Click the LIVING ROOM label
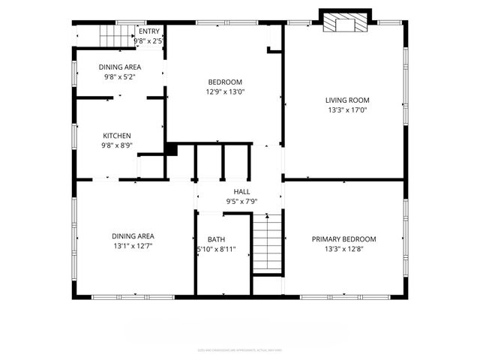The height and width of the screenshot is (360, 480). point(347,100)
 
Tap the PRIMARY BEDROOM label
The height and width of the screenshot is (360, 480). point(344,239)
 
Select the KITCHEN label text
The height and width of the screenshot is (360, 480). point(117,136)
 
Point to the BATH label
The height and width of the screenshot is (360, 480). point(216,239)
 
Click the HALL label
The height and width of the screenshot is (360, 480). point(241,192)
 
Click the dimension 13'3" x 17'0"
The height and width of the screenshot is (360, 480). point(347,110)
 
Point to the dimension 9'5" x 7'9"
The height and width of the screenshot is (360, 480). point(241,202)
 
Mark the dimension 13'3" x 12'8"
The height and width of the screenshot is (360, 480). point(344,249)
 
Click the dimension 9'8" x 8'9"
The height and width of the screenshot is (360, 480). point(117,146)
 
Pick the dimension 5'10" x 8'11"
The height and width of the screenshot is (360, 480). point(216,249)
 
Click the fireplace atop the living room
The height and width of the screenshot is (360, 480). point(346,22)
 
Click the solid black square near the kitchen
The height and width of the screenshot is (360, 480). point(171,150)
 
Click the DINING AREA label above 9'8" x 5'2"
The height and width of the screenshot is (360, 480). point(120,67)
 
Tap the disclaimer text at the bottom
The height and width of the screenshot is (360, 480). point(239,349)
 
